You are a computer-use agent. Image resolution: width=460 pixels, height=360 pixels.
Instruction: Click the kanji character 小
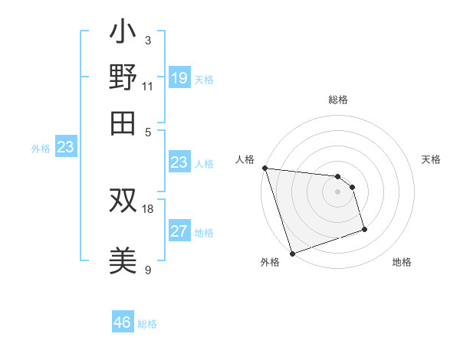tap(123, 33)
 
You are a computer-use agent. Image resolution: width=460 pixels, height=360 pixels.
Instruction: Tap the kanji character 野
tap(123, 78)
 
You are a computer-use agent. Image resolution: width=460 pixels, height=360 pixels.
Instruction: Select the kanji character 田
tap(123, 123)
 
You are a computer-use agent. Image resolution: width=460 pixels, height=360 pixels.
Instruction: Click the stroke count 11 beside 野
tap(147, 86)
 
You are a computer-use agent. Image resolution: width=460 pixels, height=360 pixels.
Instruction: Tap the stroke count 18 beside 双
tap(148, 208)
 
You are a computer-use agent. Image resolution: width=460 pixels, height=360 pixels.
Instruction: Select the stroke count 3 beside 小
tap(147, 40)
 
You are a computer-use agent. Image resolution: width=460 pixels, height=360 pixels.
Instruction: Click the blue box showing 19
tap(179, 77)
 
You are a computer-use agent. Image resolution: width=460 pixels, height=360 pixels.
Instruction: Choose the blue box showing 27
tap(179, 231)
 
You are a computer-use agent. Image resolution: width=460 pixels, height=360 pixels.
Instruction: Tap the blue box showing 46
tap(122, 322)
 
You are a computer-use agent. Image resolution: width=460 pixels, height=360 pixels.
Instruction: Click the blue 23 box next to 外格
tap(65, 148)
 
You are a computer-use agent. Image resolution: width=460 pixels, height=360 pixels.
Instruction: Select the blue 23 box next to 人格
tap(179, 162)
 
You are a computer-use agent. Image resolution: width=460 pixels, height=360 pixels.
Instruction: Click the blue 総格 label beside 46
tap(147, 324)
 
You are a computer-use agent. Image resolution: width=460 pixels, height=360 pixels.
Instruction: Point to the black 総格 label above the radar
tap(338, 100)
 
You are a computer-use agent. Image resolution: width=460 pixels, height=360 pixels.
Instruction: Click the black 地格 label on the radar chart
tap(402, 263)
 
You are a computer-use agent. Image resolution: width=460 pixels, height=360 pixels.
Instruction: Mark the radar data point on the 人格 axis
tap(264, 168)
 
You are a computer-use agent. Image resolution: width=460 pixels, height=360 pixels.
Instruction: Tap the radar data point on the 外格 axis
tap(292, 254)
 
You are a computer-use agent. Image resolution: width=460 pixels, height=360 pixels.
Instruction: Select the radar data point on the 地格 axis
tap(364, 228)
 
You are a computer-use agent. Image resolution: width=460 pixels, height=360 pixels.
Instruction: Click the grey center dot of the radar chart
tap(337, 191)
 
